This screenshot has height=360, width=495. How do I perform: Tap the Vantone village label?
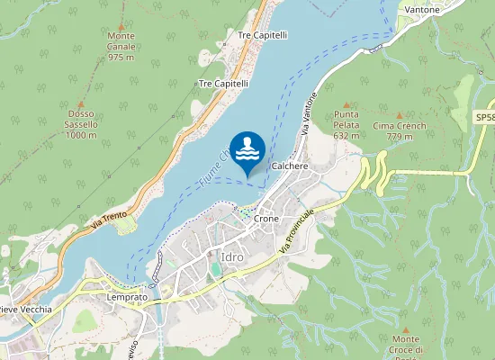coord(422,10)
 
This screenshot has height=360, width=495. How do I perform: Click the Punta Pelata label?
coord(346,125)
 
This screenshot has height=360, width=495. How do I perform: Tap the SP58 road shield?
coord(483,117)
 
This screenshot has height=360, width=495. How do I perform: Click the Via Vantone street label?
coord(309,114)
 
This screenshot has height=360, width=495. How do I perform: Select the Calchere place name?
coord(290,166)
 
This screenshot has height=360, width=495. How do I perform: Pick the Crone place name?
coord(266,219)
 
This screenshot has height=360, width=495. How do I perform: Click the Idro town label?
coord(231,258)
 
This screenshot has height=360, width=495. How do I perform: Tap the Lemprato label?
coord(126,297)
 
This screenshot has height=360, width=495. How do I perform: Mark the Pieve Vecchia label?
coord(23,310)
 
